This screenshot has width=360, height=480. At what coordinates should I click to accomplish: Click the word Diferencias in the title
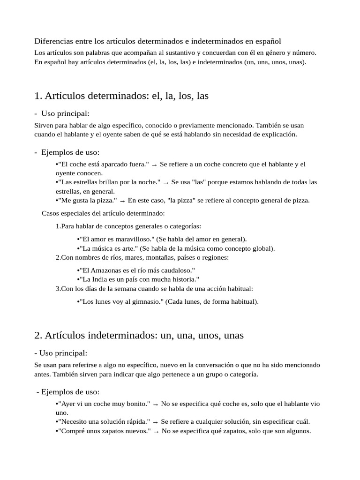52,41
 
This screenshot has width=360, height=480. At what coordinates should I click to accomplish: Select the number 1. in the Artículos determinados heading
38,96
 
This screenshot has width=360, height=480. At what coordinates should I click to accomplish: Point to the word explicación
279,134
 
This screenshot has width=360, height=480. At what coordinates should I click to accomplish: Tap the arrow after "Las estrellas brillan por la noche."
165,182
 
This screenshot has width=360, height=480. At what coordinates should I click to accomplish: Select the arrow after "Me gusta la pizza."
122,201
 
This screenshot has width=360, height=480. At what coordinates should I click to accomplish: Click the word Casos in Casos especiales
50,213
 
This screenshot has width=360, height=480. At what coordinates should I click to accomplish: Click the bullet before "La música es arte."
78,248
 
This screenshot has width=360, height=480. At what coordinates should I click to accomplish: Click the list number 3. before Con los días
58,288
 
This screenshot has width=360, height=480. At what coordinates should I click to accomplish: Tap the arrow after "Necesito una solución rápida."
155,422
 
